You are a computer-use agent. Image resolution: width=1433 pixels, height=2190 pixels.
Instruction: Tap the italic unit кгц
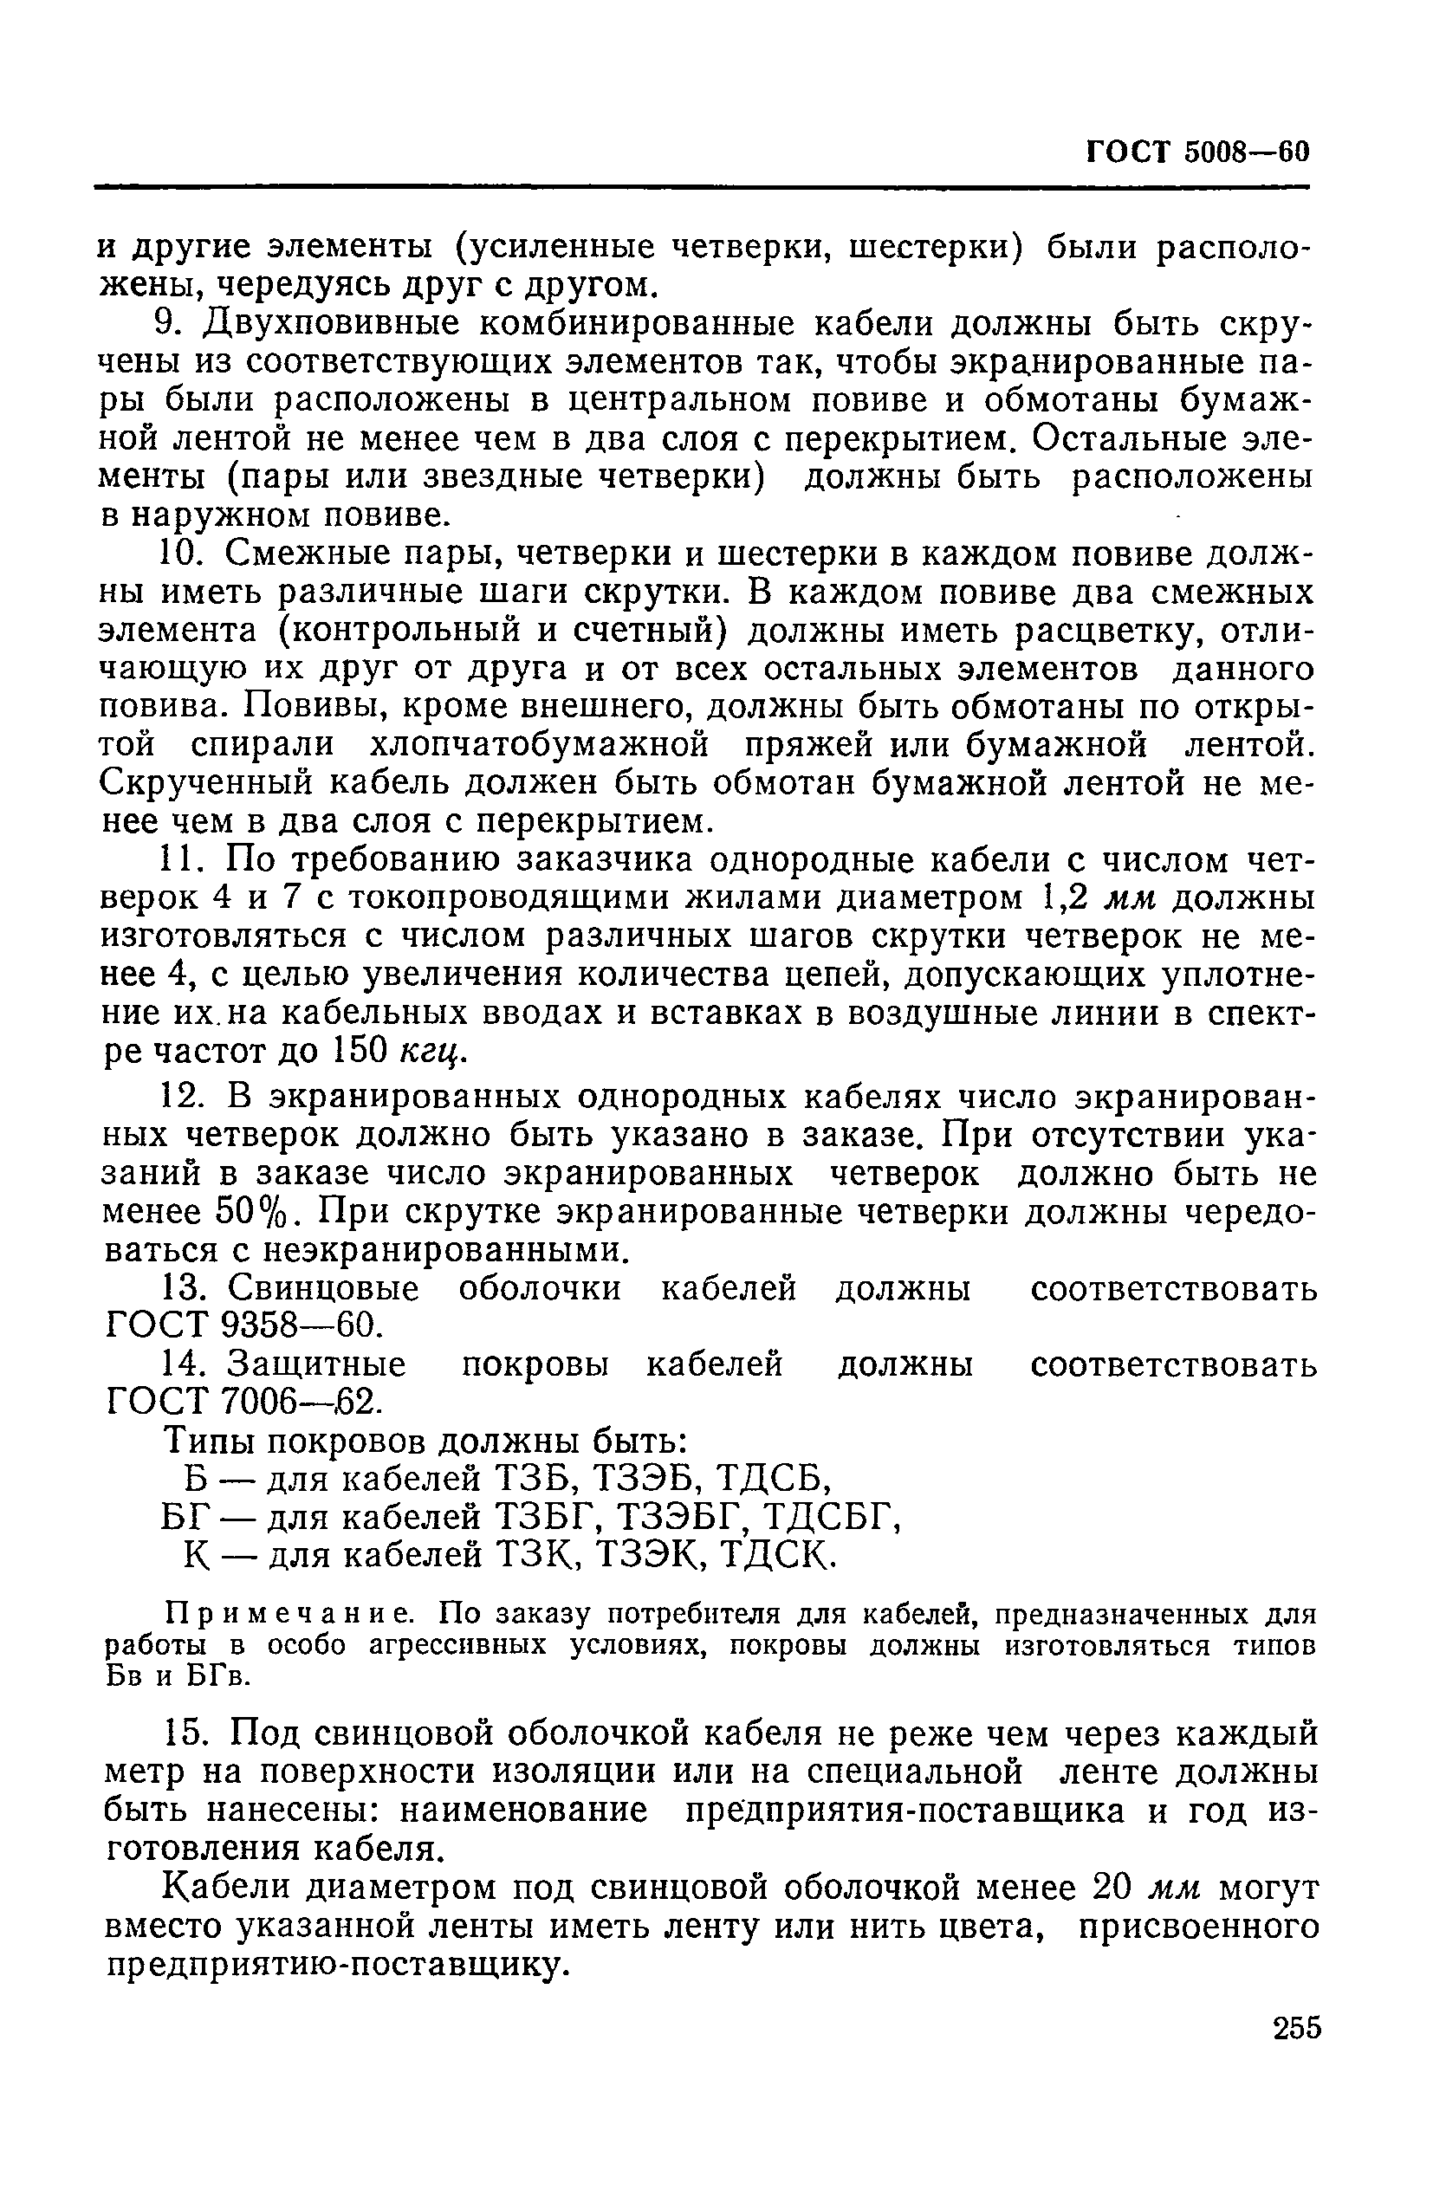pos(431,1053)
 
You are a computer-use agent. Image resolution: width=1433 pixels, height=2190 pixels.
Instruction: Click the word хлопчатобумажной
pos(540,745)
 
